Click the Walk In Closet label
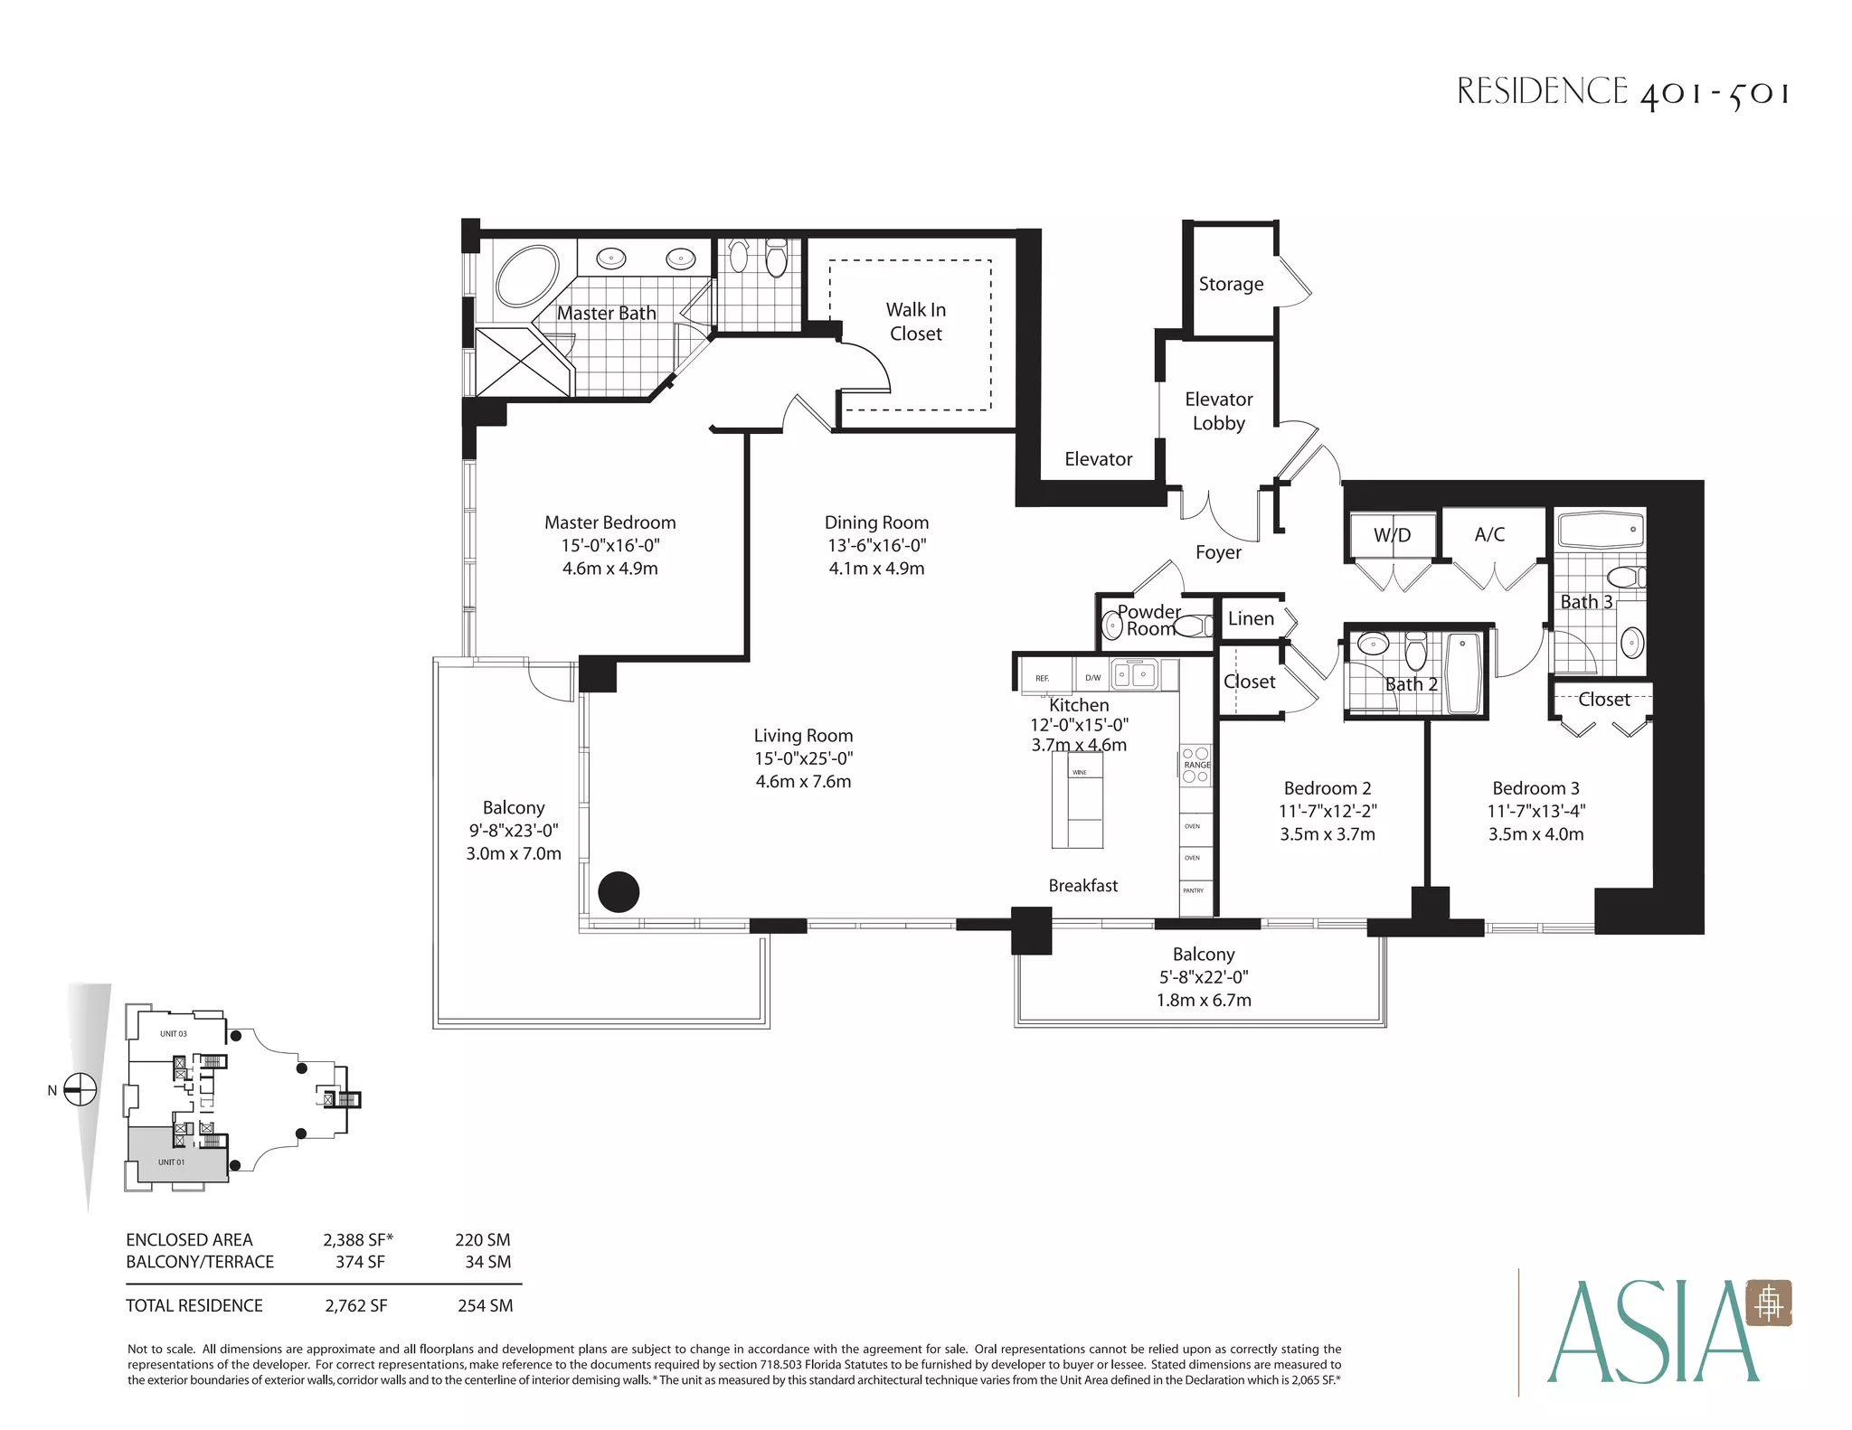[915, 322]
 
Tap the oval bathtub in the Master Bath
[526, 276]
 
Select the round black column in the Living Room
[619, 891]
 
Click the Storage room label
[1231, 284]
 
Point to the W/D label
[1392, 534]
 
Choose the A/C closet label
[1489, 534]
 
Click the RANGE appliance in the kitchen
[1195, 765]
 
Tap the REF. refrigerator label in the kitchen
[1043, 678]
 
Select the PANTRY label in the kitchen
[1194, 890]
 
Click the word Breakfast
[1082, 886]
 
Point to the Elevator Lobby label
[1218, 411]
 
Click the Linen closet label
[1251, 618]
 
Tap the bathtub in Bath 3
[1600, 530]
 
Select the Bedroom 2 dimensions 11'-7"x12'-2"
[1328, 812]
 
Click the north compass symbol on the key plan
[80, 1089]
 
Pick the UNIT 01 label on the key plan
[171, 1162]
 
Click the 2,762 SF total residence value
[356, 1305]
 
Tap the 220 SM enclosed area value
[483, 1240]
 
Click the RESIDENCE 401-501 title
[1623, 92]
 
